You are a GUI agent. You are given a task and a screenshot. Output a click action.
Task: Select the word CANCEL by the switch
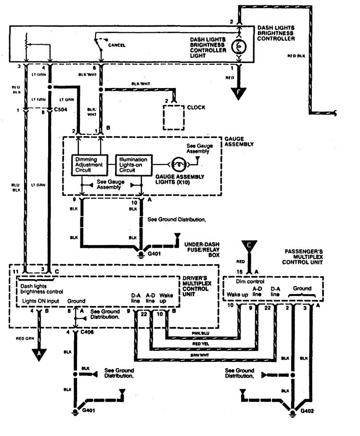pyautogui.click(x=117, y=45)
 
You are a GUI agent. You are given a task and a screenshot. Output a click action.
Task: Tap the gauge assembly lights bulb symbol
pyautogui.click(x=178, y=163)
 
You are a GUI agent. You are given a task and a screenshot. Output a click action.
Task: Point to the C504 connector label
pyautogui.click(x=61, y=111)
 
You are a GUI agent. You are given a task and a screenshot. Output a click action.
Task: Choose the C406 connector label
pyautogui.click(x=88, y=332)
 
